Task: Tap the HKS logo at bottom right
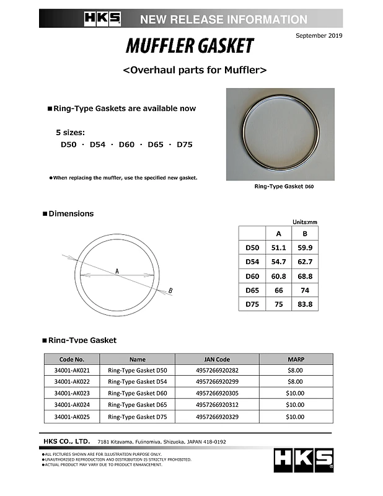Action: [x=304, y=459]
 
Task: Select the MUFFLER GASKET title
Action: [x=190, y=46]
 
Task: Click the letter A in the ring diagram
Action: [x=117, y=271]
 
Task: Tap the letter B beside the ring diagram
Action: [x=170, y=290]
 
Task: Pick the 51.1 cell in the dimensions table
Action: [x=278, y=247]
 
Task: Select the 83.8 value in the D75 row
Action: [x=304, y=304]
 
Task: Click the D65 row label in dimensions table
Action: [x=252, y=290]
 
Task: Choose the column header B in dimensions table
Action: [x=304, y=234]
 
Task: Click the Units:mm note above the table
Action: [x=305, y=222]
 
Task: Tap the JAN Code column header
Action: [x=217, y=359]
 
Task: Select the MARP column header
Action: [x=295, y=359]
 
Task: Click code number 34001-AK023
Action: [x=72, y=393]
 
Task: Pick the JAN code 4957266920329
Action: [x=217, y=417]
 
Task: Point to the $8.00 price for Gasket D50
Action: [x=295, y=370]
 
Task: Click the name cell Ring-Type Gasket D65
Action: [x=138, y=405]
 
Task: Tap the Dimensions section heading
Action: [x=71, y=214]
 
